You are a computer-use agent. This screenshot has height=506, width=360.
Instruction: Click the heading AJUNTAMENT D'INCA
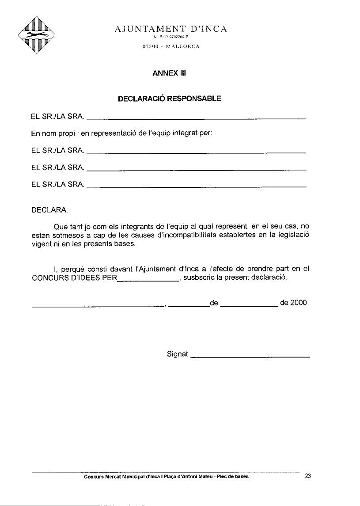click(171, 29)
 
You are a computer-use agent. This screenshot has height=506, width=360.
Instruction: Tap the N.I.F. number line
click(171, 38)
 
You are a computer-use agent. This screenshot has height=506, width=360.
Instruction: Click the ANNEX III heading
click(169, 73)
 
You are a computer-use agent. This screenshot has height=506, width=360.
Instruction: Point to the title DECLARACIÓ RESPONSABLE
click(170, 99)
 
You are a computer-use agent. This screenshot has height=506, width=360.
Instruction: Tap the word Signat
click(178, 354)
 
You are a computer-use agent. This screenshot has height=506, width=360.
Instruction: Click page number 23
click(308, 476)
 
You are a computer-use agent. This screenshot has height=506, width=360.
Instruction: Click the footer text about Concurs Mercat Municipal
click(166, 476)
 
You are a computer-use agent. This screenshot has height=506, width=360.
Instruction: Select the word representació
click(114, 133)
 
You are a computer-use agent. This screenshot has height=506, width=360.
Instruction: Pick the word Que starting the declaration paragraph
click(61, 226)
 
